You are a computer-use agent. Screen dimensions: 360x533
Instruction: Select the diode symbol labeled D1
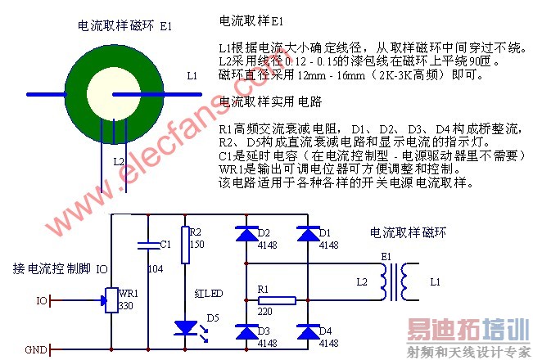pos(307,234)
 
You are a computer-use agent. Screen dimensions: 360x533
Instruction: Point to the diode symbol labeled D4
pos(307,331)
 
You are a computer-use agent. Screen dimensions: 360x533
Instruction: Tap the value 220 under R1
pos(264,312)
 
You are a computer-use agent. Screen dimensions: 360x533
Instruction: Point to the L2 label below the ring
pos(119,161)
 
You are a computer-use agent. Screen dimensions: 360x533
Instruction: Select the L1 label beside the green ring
pos(192,75)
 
